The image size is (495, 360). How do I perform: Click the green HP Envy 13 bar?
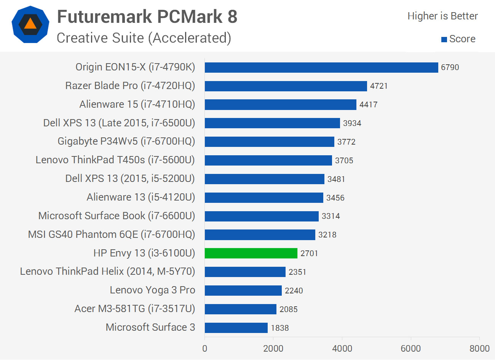point(251,253)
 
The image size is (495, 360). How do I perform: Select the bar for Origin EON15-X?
point(321,67)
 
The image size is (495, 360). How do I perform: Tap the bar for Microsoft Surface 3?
point(236,328)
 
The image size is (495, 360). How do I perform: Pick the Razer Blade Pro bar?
point(286,86)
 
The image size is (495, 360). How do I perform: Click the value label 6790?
point(450,67)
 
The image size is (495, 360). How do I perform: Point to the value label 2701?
point(309,253)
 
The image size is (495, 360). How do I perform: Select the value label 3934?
point(352,123)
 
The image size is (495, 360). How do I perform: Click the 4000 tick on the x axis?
point(342,349)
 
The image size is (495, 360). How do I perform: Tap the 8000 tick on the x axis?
point(479,349)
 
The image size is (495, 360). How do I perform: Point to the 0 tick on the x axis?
point(205,349)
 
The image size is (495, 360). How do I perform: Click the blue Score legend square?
point(444,40)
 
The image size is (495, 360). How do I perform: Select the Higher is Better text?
point(442,16)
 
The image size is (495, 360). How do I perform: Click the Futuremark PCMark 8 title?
point(147,17)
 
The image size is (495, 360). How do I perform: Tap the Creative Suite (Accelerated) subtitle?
point(144,38)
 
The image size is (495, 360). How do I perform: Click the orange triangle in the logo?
point(30,24)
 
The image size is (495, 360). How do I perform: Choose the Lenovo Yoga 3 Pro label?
point(152,290)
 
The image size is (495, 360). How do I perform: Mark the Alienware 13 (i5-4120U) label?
point(141,197)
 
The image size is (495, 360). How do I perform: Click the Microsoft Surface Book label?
point(117,216)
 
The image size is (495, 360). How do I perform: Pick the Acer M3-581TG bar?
point(240,309)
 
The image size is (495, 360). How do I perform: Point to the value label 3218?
point(327,235)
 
